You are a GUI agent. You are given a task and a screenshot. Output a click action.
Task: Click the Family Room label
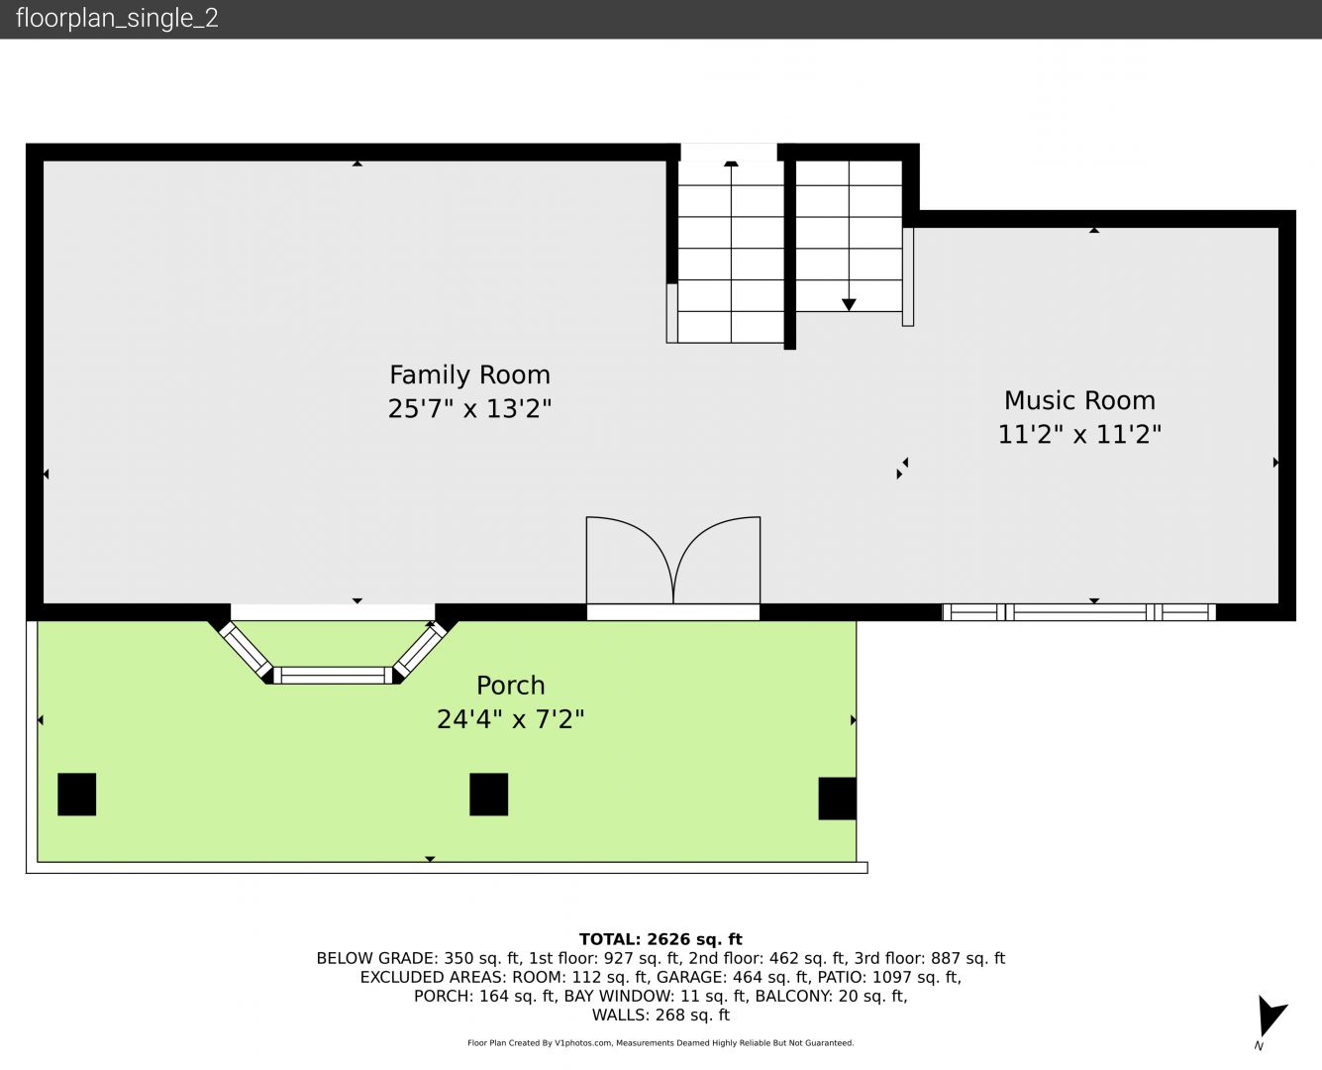coord(469,375)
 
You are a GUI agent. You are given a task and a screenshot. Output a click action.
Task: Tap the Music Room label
coord(1080,400)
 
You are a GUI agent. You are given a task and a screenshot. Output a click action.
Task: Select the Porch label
coord(511,686)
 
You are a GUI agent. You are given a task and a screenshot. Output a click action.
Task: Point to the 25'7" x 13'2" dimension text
coord(469,408)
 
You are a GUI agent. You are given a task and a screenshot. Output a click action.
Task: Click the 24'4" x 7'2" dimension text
coord(511,719)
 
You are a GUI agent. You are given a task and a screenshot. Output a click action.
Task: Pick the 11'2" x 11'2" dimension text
coord(1080,434)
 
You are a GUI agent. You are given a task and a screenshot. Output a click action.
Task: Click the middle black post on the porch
coord(489,795)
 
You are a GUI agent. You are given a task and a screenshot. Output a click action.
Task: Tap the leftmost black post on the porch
coord(77,795)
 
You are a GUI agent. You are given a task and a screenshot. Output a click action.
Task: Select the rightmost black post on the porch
coord(838,799)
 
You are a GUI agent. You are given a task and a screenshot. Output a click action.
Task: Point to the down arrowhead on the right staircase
coord(849,305)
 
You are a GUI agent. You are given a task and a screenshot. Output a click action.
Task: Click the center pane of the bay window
coord(333,675)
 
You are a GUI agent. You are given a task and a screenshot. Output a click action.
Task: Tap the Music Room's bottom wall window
coord(1078,612)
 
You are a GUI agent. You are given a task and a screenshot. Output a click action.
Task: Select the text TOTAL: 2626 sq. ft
coord(661,939)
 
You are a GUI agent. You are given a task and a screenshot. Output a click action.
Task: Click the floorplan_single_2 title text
coord(117,19)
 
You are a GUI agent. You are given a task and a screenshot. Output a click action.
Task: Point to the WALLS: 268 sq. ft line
coord(661,1016)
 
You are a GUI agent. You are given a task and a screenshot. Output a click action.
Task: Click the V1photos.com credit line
coord(661,1043)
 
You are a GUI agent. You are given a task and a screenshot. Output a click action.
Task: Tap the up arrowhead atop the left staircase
coord(731,163)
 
